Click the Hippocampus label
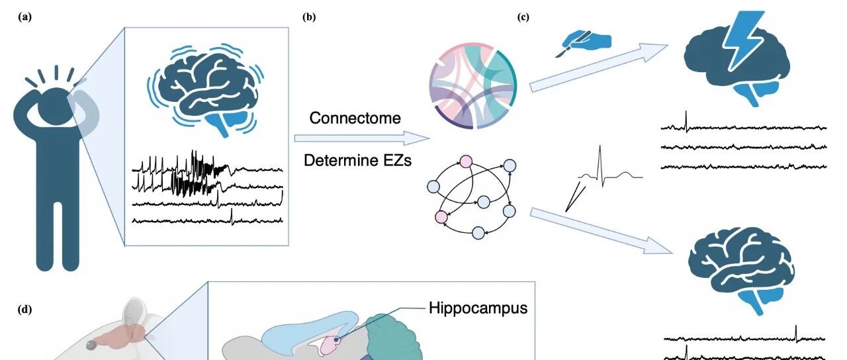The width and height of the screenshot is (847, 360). click(478, 308)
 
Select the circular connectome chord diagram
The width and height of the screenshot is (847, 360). click(472, 85)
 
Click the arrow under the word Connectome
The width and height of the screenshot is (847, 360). click(361, 138)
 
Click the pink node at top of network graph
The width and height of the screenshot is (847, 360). click(465, 161)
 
